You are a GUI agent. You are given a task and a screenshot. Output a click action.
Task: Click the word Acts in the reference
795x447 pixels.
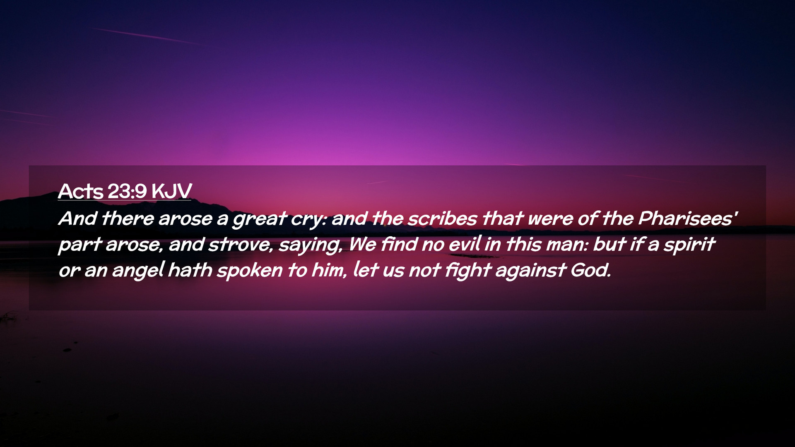point(81,191)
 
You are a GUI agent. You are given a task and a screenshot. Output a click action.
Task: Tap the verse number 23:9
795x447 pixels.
point(127,191)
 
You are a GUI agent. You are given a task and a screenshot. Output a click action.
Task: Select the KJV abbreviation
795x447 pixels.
point(171,191)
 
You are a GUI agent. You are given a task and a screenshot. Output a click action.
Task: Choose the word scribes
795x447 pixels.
point(442,219)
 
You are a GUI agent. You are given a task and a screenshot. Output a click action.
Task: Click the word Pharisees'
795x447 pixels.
point(688,219)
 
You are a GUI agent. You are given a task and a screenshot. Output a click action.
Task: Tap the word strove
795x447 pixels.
point(241,245)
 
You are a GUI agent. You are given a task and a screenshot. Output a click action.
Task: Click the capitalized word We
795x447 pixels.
point(362,244)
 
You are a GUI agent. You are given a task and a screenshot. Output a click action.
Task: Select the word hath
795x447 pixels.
point(190,270)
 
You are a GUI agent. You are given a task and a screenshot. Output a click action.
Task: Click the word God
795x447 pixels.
point(591,270)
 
